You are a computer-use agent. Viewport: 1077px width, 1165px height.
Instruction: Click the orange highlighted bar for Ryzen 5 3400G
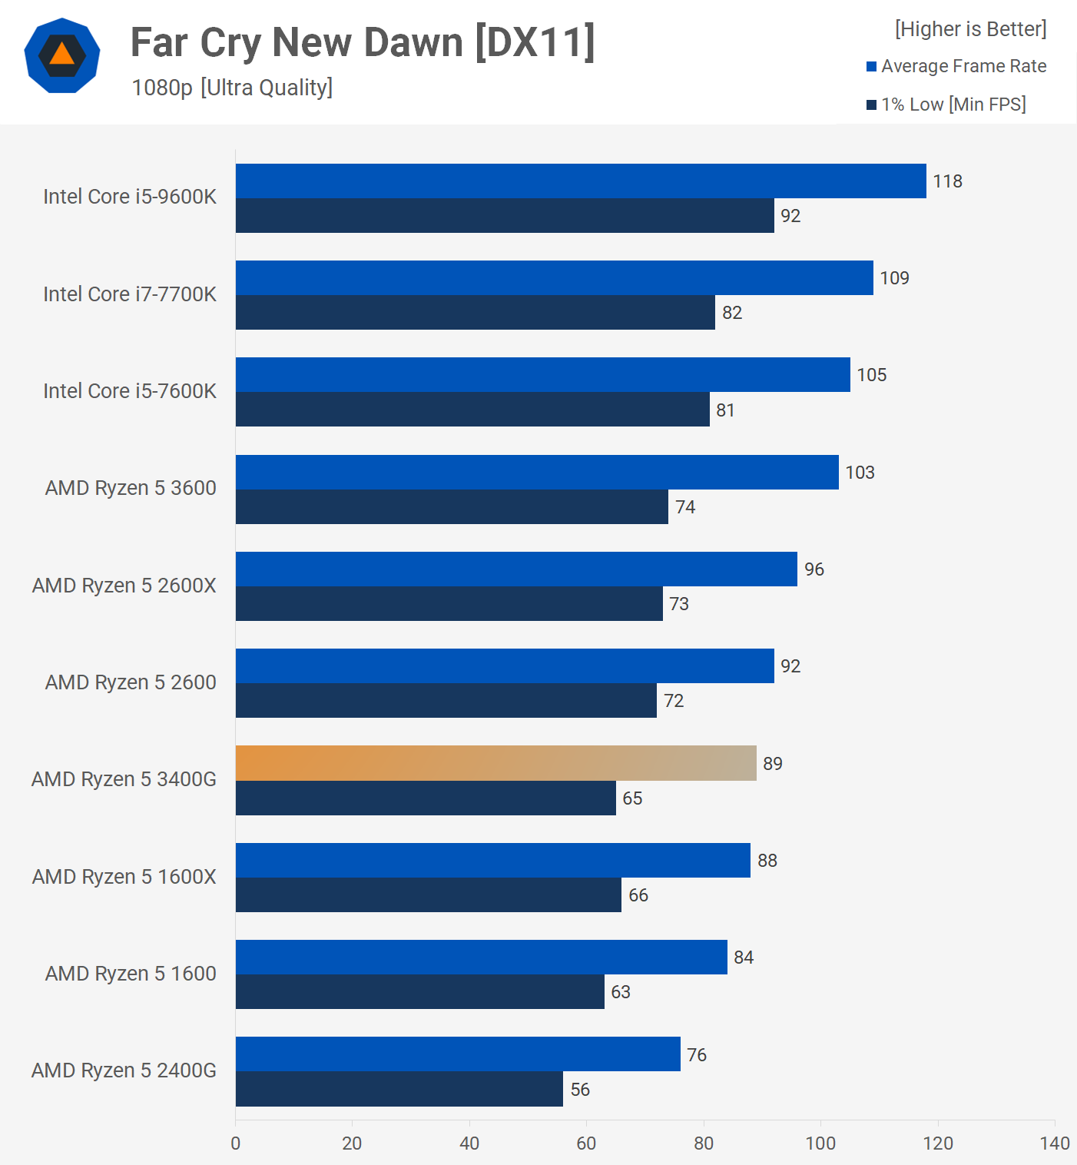(495, 763)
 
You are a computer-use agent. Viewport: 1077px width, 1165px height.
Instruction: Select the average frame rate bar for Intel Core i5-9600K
(580, 181)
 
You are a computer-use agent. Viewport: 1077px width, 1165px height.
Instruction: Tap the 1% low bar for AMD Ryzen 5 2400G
(399, 1089)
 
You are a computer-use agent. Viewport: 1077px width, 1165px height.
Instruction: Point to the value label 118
(947, 181)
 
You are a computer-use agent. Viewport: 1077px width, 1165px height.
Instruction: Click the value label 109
(894, 278)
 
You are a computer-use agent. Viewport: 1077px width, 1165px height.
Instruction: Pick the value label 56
(580, 1090)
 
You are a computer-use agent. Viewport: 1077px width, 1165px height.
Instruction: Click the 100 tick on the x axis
(820, 1143)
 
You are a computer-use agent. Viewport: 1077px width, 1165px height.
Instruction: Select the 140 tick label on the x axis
(1055, 1143)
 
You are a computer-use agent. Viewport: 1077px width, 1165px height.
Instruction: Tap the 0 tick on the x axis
(236, 1143)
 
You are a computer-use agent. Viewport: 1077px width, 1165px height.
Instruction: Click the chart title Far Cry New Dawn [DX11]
(363, 43)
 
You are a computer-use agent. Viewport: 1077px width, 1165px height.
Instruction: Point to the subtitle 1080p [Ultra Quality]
(232, 88)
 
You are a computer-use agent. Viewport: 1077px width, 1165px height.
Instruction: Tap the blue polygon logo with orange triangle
(62, 55)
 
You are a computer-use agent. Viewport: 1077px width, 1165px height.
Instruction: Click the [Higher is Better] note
(970, 29)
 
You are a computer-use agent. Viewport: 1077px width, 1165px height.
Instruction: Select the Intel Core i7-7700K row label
(130, 294)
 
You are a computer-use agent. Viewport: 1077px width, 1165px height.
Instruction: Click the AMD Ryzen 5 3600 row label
(131, 488)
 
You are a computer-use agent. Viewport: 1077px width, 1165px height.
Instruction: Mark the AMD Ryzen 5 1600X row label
(124, 877)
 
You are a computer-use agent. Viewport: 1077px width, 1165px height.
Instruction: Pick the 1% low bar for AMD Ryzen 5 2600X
(449, 604)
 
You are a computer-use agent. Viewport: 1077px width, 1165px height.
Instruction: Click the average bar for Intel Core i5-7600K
(542, 375)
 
